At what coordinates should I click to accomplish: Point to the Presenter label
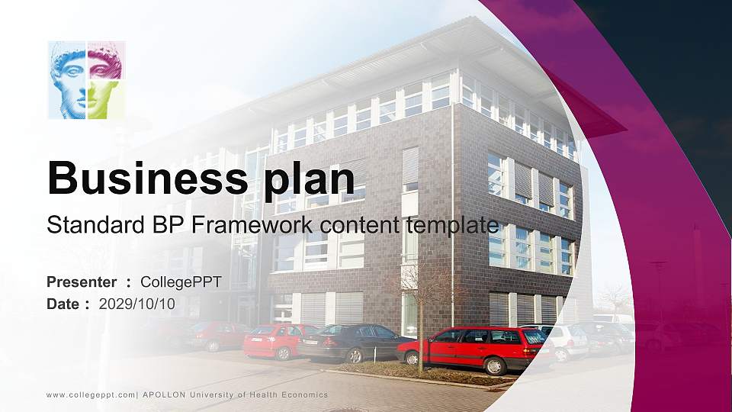coord(82,282)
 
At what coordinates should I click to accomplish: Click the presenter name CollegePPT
coord(181,282)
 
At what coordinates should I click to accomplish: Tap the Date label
coord(63,304)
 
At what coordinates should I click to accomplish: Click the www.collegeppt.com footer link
coord(91,394)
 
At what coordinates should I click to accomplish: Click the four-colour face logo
coord(86,80)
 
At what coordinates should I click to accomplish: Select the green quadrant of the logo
coord(104,100)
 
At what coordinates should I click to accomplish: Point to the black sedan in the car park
coord(354,342)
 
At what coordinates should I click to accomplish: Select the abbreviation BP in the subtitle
coord(168,225)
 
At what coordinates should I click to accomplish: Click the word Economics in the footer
coord(302,394)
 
